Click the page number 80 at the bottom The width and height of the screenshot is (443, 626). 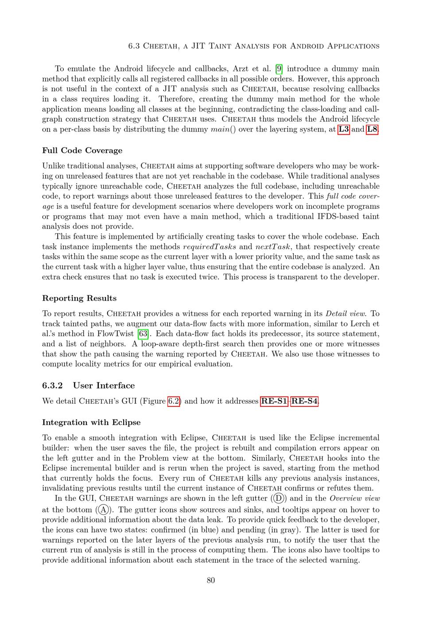tap(211, 580)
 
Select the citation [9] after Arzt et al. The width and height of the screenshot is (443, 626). tap(279, 69)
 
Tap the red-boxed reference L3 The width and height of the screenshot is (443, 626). tap(344, 129)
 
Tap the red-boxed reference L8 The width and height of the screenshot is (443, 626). tap(372, 129)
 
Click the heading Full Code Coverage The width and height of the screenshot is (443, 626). tap(82, 151)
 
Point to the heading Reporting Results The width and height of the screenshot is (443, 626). tap(79, 298)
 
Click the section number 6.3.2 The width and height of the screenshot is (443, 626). tap(53, 385)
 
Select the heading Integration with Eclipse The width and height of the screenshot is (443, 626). tap(91, 422)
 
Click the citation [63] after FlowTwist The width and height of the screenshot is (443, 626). tap(143, 334)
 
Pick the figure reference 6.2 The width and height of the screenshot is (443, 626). tap(174, 402)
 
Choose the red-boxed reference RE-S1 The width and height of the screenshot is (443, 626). tap(274, 402)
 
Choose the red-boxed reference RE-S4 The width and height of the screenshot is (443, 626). tap(304, 402)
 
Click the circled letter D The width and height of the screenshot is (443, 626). tap(278, 498)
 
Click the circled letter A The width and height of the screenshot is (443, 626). tap(103, 509)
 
